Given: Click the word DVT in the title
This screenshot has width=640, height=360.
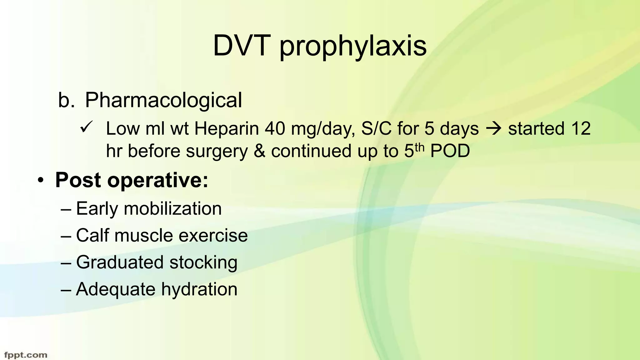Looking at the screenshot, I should tap(242, 46).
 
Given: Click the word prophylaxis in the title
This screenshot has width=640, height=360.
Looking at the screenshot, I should tap(353, 47).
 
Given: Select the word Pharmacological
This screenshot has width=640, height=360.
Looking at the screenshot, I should tap(163, 100).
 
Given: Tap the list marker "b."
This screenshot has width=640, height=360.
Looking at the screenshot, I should tap(66, 100).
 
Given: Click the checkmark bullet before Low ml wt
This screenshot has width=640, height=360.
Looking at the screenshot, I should tap(85, 128).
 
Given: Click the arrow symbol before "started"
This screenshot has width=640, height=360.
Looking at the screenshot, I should tap(493, 129).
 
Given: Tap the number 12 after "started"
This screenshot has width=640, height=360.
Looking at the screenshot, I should tap(580, 128).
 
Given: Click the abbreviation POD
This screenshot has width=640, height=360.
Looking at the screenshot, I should tap(450, 151).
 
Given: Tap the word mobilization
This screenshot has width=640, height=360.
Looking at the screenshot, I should tap(172, 208).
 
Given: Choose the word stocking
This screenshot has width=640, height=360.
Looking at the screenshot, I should tap(203, 262).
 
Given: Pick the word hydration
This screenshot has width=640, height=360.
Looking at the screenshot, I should tap(199, 289).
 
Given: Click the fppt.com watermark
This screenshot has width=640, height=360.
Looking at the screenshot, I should tap(26, 355).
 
